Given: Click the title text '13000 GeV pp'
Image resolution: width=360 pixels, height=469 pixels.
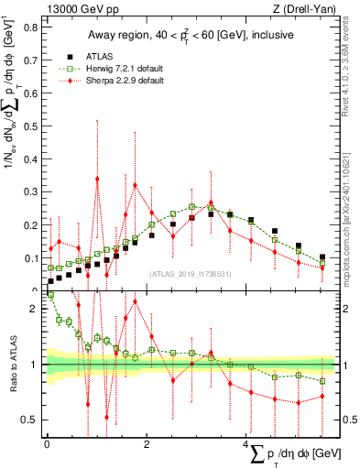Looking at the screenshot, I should (x=75, y=9).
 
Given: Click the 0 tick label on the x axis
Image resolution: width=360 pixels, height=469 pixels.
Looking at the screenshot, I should (x=47, y=444).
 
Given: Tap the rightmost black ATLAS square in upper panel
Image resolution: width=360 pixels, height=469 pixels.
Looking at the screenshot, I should (x=322, y=257).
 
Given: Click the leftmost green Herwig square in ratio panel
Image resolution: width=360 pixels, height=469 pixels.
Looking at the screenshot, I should (x=50, y=296).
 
